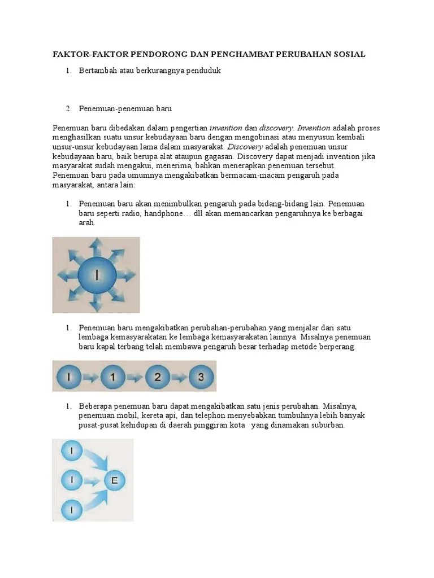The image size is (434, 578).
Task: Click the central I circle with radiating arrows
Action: pos(97,275)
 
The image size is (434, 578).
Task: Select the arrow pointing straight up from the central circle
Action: pos(97,247)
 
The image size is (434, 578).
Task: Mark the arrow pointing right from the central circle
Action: pos(127,275)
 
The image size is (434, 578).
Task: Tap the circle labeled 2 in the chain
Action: pos(158,376)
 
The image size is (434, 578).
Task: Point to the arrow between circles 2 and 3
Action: pos(179,376)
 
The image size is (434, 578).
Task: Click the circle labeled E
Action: pos(115,480)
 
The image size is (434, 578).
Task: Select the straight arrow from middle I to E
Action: pos(92,481)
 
